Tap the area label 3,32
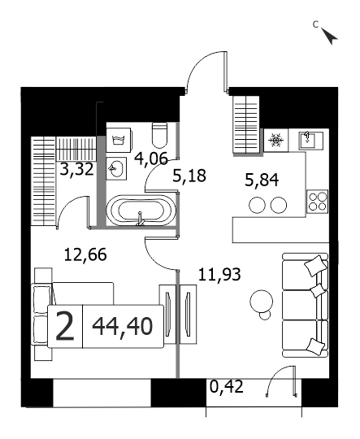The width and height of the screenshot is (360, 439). (76, 169)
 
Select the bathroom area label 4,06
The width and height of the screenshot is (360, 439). (151, 159)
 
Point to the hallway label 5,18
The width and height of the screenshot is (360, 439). (189, 176)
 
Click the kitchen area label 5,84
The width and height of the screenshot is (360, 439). (262, 180)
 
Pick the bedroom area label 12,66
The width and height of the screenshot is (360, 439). (85, 254)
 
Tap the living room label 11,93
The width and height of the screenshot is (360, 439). (219, 275)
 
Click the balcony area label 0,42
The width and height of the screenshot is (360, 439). (227, 387)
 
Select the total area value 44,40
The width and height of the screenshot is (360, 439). (123, 327)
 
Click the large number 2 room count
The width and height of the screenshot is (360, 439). (65, 327)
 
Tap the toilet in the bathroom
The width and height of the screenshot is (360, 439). (159, 135)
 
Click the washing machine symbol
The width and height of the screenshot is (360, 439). (118, 140)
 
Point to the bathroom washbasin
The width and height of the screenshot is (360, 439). (116, 168)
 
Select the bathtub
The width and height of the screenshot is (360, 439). (141, 211)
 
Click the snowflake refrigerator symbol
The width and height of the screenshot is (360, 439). (276, 140)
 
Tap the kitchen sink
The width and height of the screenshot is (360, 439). (310, 140)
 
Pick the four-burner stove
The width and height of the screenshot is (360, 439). (318, 202)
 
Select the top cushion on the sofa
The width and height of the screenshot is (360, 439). (315, 265)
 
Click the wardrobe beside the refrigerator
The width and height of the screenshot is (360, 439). (246, 124)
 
